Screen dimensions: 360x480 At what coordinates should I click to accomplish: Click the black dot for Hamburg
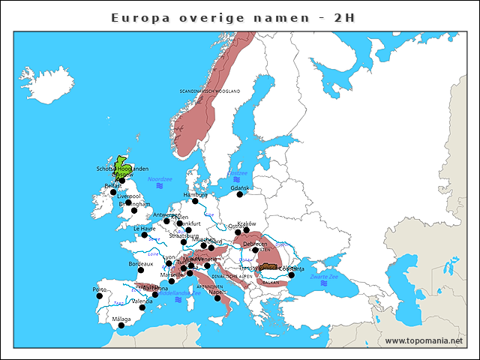(195, 201)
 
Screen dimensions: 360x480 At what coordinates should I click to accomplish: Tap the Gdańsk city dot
(240, 194)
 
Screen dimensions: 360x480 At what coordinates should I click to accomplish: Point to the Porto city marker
(99, 295)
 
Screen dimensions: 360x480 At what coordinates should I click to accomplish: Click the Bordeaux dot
(140, 270)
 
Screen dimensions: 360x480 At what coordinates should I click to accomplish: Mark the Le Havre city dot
(144, 235)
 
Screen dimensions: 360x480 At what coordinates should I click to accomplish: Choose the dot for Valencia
(142, 307)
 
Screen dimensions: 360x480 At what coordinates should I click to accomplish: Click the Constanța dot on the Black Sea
(292, 274)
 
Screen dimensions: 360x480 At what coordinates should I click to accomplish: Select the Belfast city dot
(113, 192)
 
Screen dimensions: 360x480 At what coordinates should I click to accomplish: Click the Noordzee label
(160, 179)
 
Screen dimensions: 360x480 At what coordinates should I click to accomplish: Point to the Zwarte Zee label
(324, 276)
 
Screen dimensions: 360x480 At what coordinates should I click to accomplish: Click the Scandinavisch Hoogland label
(210, 91)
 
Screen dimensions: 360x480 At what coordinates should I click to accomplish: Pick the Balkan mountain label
(270, 283)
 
